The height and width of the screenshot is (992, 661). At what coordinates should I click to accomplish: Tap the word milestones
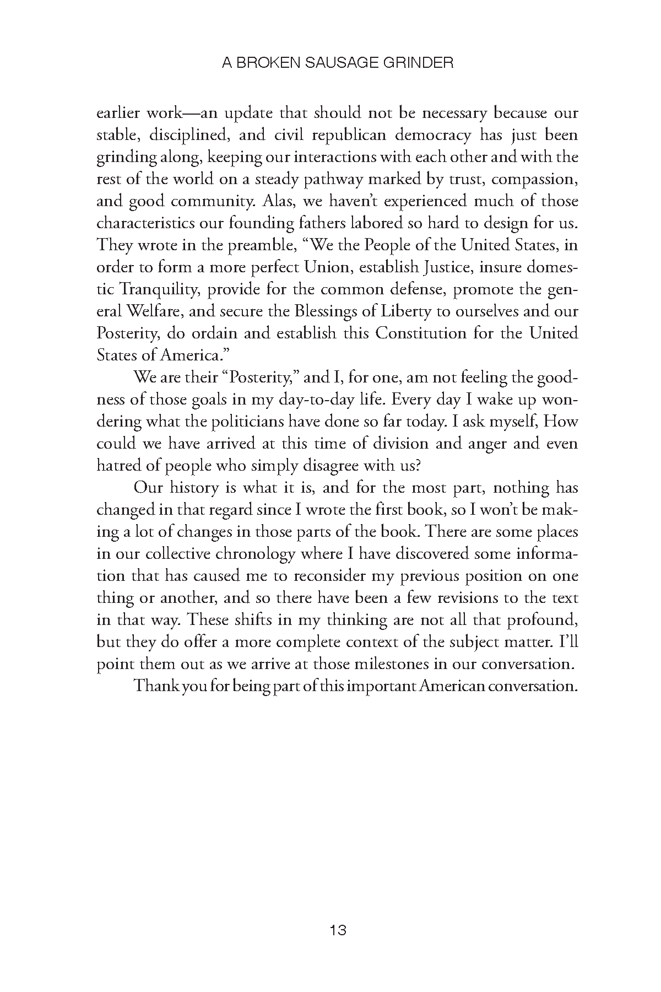tap(388, 665)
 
